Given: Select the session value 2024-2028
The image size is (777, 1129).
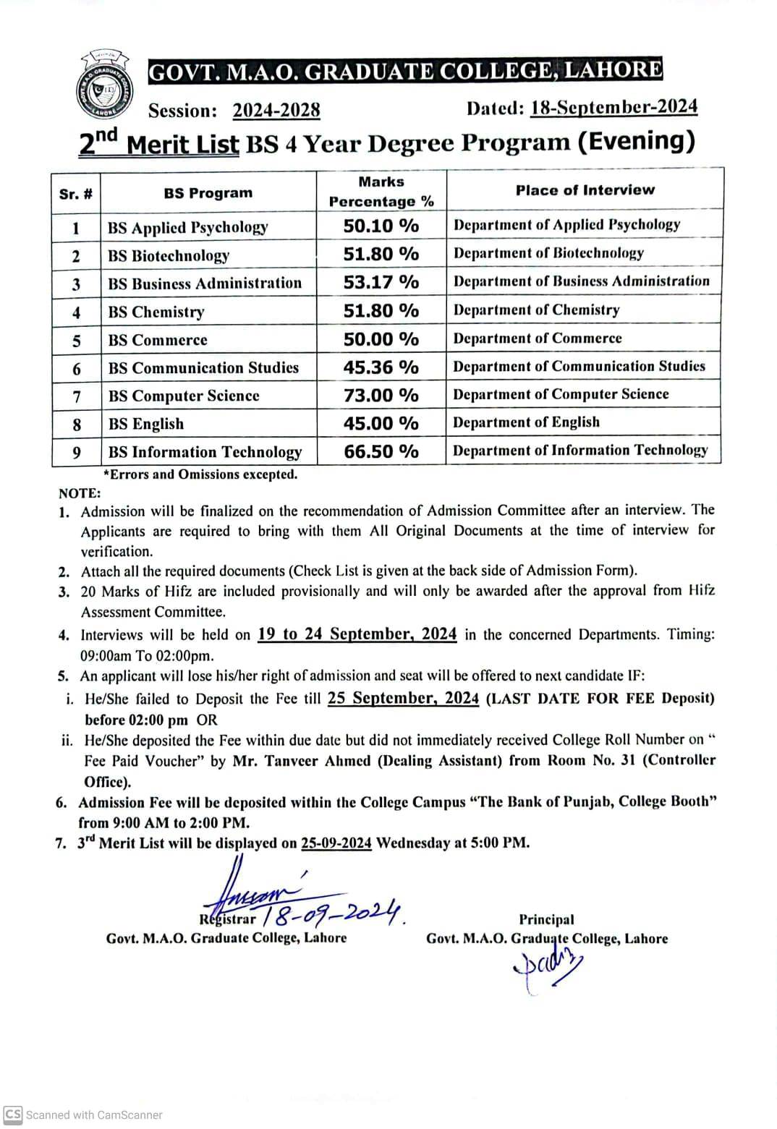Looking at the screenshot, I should [276, 111].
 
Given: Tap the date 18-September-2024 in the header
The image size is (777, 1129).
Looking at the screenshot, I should [613, 107].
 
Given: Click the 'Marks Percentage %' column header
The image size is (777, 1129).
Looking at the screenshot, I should [381, 192].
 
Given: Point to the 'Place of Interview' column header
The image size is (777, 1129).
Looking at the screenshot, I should [585, 190].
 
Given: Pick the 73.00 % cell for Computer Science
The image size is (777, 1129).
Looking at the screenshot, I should [381, 395].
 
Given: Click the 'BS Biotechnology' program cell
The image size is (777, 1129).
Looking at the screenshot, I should [169, 255].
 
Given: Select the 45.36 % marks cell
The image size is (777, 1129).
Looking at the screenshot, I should [381, 367].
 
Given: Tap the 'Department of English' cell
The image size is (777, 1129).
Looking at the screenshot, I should [526, 422].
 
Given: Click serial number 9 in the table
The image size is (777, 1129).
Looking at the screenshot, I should [77, 453].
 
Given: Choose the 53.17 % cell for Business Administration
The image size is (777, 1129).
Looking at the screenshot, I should [381, 282].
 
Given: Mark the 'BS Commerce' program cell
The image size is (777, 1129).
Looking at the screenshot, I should [158, 340].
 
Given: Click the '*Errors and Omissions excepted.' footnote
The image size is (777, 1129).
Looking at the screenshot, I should [200, 474].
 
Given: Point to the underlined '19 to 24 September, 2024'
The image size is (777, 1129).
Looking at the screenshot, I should [357, 634].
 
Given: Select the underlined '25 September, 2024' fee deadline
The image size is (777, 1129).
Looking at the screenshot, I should [403, 698].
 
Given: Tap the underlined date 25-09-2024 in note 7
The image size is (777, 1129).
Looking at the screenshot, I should [336, 843].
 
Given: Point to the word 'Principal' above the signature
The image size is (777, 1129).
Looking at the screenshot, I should [546, 920].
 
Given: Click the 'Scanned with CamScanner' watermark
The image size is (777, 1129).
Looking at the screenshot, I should [85, 1115].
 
